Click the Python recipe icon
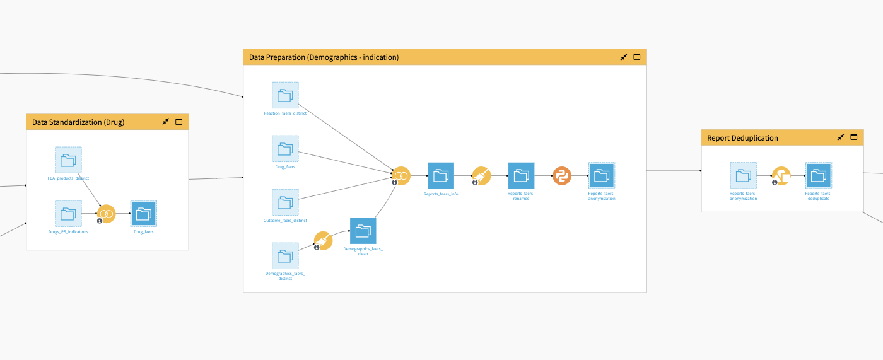pyautogui.click(x=562, y=176)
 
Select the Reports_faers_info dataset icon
pyautogui.click(x=441, y=175)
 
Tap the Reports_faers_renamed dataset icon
pyautogui.click(x=521, y=175)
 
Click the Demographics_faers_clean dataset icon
pyautogui.click(x=363, y=231)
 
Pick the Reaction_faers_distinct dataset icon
pyautogui.click(x=285, y=95)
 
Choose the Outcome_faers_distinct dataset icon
pyautogui.click(x=285, y=202)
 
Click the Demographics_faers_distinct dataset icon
pyautogui.click(x=285, y=255)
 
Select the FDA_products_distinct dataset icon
pyautogui.click(x=68, y=160)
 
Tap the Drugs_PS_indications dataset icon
pyautogui.click(x=68, y=213)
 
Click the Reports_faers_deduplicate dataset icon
pyautogui.click(x=819, y=175)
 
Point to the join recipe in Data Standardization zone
pyautogui.click(x=107, y=214)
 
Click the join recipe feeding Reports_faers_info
pyautogui.click(x=401, y=175)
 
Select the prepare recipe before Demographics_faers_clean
pyautogui.click(x=323, y=241)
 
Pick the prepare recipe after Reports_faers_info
pyautogui.click(x=481, y=175)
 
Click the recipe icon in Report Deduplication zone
pyautogui.click(x=781, y=176)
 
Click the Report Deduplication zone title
pyautogui.click(x=742, y=138)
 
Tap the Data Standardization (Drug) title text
pyautogui.click(x=78, y=122)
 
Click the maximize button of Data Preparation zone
pyautogui.click(x=636, y=57)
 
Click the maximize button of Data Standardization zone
pyautogui.click(x=178, y=122)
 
